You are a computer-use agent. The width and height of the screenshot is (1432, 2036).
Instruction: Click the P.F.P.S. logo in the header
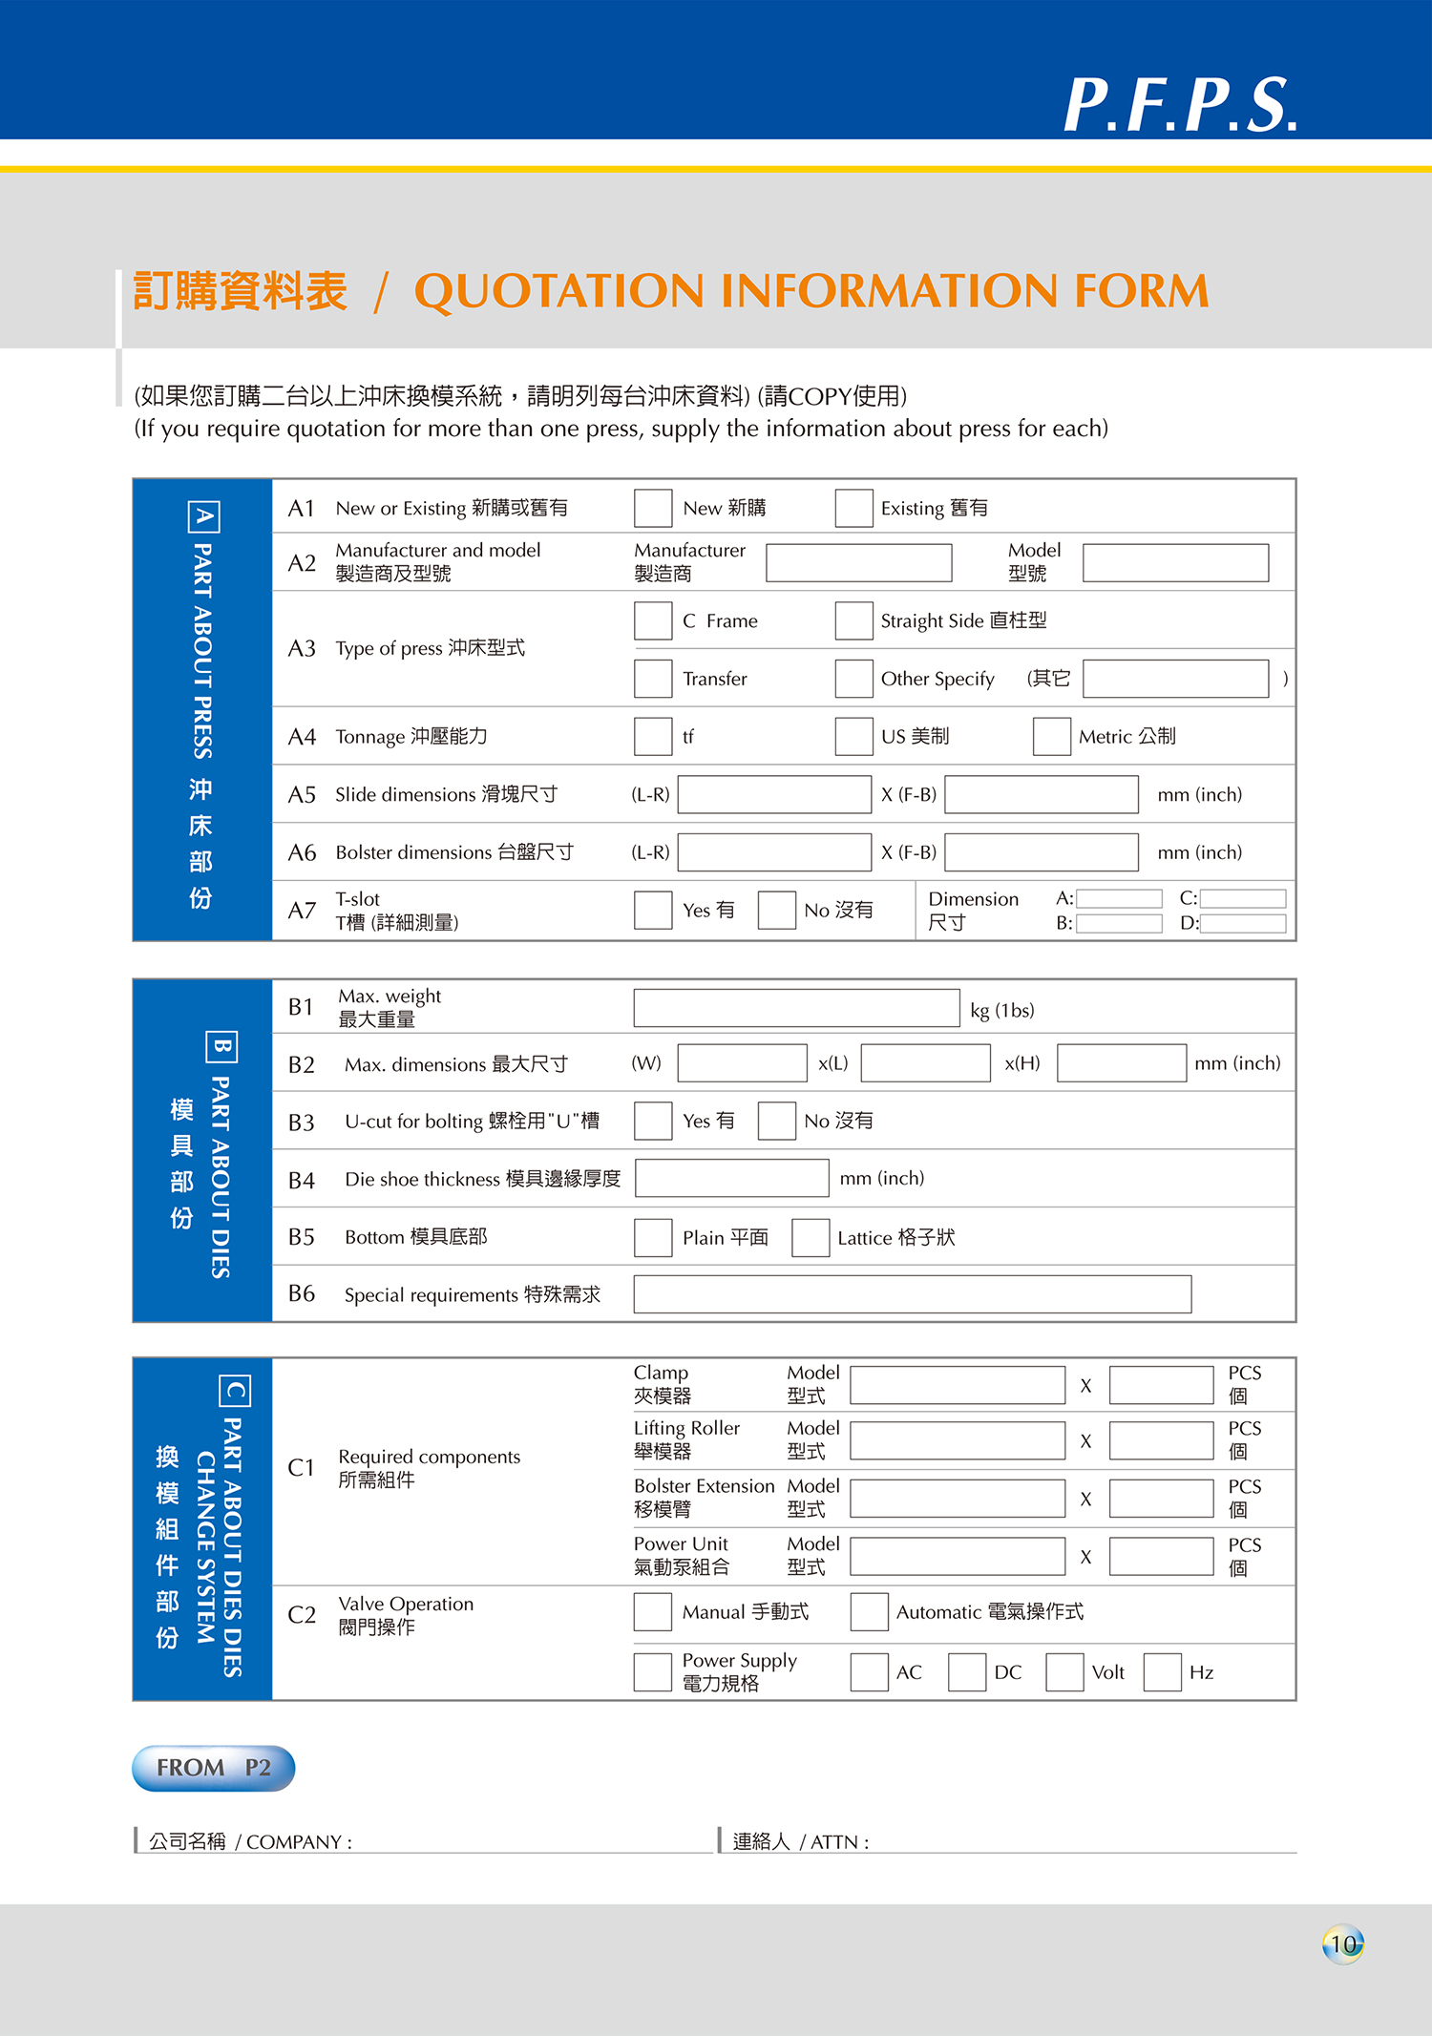(1180, 104)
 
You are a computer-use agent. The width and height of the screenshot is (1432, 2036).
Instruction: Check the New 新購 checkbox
(653, 509)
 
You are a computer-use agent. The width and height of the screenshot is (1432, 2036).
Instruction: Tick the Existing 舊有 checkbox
(853, 509)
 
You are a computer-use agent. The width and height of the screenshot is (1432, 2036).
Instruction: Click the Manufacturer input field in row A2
(858, 563)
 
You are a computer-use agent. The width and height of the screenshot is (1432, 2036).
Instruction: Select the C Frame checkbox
(653, 621)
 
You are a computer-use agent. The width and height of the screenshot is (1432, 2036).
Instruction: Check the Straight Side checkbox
(853, 621)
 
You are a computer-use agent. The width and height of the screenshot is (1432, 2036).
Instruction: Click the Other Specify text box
(1175, 679)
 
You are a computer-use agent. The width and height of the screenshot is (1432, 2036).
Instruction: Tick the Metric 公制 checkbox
(1051, 737)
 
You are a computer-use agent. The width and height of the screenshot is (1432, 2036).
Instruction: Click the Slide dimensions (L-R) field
(774, 794)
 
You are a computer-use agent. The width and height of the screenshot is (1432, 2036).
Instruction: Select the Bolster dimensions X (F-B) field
(1042, 852)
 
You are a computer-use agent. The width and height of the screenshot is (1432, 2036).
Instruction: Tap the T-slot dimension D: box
(1243, 923)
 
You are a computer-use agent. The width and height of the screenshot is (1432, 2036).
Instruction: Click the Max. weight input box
(796, 1008)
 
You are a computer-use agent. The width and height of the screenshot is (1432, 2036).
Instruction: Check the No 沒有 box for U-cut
(776, 1121)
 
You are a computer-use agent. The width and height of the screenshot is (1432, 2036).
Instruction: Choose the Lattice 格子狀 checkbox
(810, 1238)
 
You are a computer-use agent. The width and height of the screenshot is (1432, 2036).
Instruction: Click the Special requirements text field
(912, 1294)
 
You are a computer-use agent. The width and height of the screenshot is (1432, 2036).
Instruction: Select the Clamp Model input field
(958, 1385)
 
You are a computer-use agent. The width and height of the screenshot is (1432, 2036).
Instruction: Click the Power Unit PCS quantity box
(1161, 1557)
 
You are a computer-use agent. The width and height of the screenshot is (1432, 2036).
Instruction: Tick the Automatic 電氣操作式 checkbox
(869, 1612)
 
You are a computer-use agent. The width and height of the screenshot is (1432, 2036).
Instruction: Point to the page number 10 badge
(1343, 1944)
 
